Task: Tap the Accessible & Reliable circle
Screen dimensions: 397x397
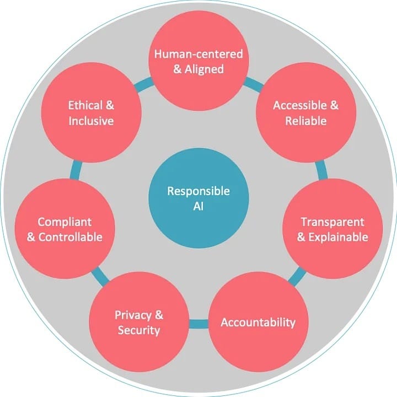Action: click(x=306, y=112)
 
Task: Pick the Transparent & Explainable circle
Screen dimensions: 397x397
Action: click(x=332, y=229)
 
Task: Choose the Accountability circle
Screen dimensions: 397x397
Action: click(x=258, y=322)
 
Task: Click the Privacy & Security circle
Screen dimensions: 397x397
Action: click(x=139, y=322)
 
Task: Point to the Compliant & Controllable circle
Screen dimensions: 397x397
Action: click(x=65, y=229)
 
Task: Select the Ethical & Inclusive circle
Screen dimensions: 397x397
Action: click(x=91, y=112)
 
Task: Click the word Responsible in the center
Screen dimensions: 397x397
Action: click(x=198, y=191)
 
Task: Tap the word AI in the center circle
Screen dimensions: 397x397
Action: click(x=198, y=206)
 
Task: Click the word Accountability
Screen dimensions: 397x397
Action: click(x=258, y=322)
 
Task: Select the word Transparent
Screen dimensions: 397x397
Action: click(x=332, y=222)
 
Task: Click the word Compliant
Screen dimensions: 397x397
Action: click(x=65, y=222)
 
